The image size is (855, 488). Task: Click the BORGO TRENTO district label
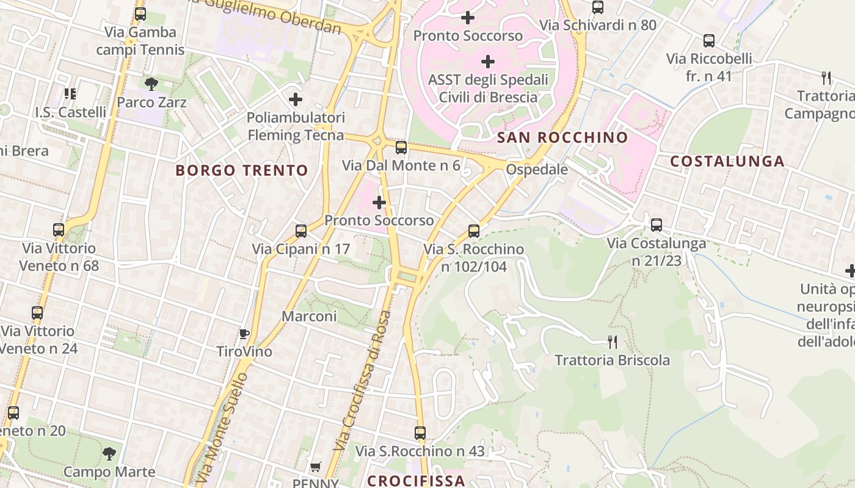[x=242, y=170]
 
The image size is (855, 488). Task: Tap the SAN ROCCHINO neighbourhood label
[x=562, y=137]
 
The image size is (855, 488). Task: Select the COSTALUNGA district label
[x=727, y=161]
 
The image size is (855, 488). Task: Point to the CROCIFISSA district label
[x=416, y=480]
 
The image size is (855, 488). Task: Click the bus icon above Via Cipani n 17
[x=301, y=231]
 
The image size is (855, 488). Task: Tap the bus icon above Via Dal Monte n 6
[x=401, y=148]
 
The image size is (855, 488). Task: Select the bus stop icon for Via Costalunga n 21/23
[x=657, y=225]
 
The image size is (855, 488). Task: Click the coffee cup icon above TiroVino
[x=244, y=334]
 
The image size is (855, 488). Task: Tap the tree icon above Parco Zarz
[x=151, y=84]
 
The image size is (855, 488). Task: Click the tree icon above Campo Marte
[x=109, y=453]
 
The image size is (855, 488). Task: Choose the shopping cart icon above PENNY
[x=315, y=467]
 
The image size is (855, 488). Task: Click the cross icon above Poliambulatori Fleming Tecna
[x=296, y=99]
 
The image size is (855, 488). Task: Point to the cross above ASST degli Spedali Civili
[x=488, y=62]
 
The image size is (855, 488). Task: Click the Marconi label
[x=309, y=316]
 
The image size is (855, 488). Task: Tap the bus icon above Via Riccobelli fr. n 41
[x=709, y=41]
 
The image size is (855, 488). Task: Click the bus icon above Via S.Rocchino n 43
[x=420, y=433]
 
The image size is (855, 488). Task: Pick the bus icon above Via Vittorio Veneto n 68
[x=59, y=230]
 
